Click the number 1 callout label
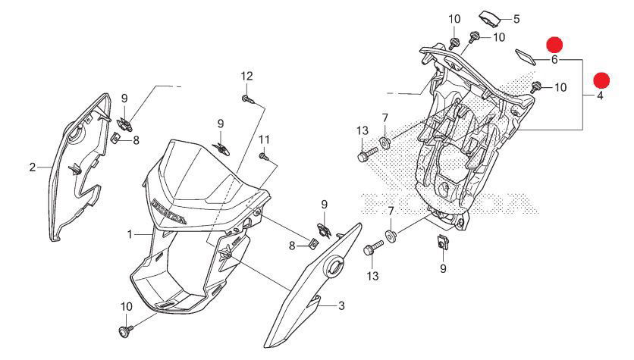pos(130,232)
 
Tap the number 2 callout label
pos(33,167)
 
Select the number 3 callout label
pos(341,305)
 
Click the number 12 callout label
pos(246,76)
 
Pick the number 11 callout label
pos(264,139)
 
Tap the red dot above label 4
pos(601,80)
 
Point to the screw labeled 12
pos(247,98)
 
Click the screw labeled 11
pos(262,157)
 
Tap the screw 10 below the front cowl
pos(124,331)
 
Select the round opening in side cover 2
pos(74,137)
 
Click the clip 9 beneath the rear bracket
pos(442,244)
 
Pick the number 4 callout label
pos(599,96)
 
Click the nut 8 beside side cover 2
pos(115,138)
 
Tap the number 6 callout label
pos(554,59)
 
